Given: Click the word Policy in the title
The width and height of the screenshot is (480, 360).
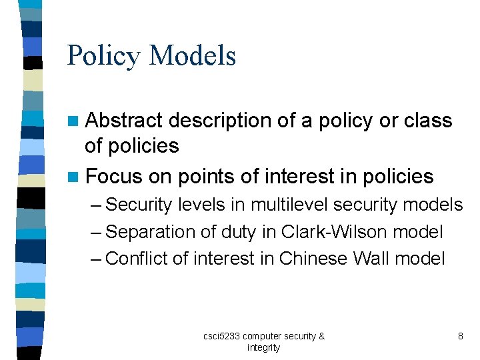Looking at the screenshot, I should [104, 56].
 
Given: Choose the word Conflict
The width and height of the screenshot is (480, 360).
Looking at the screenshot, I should [137, 259].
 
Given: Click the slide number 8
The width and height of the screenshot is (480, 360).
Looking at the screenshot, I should [460, 337].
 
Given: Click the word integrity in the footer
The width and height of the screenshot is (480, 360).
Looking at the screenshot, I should [263, 347].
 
